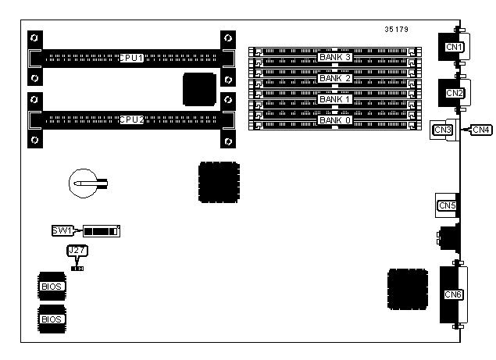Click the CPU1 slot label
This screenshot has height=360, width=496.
130,58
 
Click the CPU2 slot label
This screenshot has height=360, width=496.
130,119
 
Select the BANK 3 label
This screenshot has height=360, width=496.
335,58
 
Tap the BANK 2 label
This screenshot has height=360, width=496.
335,79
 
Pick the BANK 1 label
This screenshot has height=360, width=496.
335,99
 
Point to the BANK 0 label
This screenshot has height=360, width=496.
335,119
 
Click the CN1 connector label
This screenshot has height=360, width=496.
454,48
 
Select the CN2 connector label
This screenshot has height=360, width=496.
454,93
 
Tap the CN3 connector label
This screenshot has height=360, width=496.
443,129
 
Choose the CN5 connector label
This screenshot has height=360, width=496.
448,205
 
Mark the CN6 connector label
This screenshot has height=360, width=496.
453,294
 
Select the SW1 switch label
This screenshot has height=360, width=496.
62,231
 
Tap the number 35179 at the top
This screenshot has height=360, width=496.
397,30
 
